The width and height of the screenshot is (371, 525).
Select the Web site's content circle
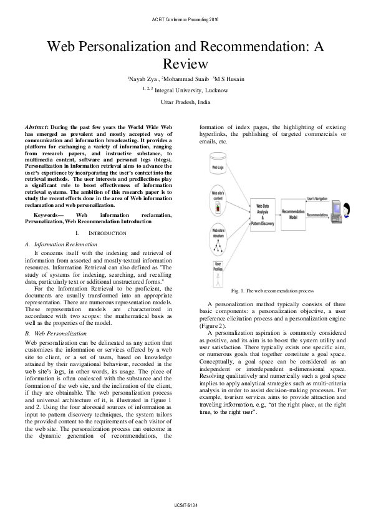pos(218,198)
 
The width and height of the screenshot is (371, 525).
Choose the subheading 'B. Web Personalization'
pos(55,334)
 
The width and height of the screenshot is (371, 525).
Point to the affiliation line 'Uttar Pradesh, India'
pos(185,102)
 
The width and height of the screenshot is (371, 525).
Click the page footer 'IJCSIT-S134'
pos(185,505)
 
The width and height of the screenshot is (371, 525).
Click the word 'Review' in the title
pos(185,63)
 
